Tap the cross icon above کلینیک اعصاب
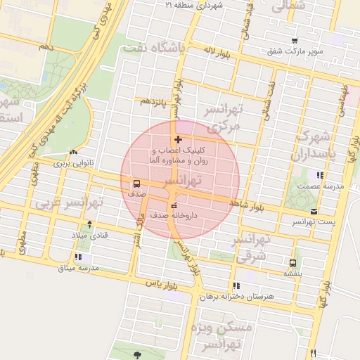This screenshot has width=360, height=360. (177, 139)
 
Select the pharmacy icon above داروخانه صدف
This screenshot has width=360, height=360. (174, 205)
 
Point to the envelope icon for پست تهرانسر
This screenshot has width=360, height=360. (313, 211)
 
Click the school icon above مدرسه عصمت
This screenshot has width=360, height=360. (320, 175)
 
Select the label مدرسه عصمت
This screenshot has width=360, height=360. (319, 186)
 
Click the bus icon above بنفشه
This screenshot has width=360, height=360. (292, 264)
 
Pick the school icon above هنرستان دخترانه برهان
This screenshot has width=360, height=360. (236, 285)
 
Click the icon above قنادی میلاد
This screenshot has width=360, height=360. (89, 224)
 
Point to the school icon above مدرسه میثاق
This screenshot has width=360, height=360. (77, 257)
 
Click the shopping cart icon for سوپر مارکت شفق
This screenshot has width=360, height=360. (295, 41)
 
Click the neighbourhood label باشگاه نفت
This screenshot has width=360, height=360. (153, 49)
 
